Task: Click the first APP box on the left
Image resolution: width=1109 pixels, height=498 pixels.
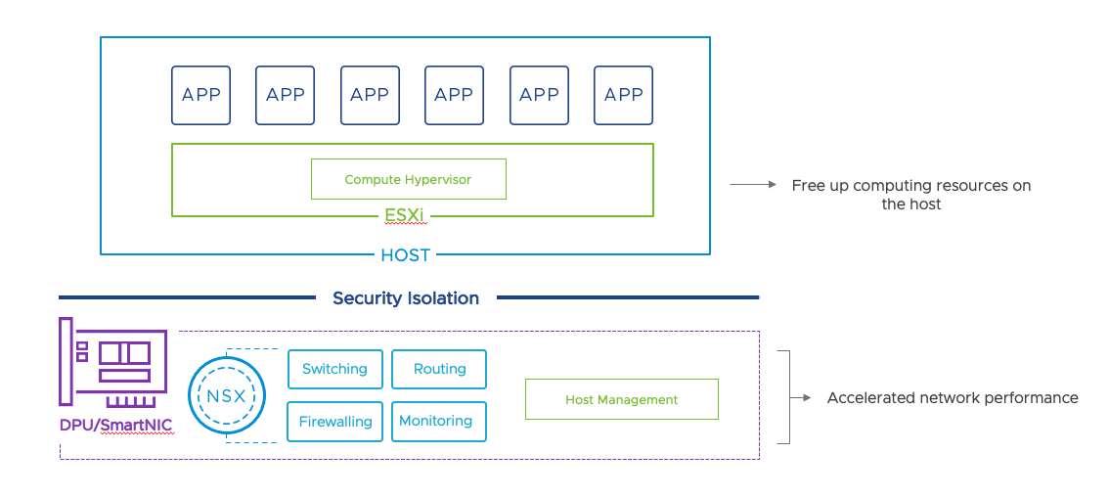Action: (x=200, y=95)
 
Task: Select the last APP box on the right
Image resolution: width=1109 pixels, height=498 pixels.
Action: (x=623, y=95)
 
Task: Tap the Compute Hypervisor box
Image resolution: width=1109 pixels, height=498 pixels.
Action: (x=408, y=179)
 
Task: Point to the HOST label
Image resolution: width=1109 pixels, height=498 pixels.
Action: (x=405, y=255)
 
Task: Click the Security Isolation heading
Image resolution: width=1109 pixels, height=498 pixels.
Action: (x=406, y=298)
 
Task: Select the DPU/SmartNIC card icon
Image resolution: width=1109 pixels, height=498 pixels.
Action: (x=111, y=361)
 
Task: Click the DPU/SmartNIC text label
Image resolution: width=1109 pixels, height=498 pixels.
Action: (x=115, y=426)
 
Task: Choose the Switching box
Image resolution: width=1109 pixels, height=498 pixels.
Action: (x=334, y=369)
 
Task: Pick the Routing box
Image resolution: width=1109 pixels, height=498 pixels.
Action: (x=439, y=369)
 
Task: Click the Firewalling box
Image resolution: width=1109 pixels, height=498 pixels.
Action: (x=334, y=422)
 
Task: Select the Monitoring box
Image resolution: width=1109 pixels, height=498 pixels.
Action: (x=436, y=421)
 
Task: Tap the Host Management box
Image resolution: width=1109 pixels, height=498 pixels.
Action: (x=621, y=399)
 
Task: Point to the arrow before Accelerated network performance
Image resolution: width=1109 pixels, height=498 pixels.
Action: (x=802, y=398)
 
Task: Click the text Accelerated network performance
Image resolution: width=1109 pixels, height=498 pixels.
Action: (x=952, y=398)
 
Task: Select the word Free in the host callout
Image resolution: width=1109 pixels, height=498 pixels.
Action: (x=809, y=186)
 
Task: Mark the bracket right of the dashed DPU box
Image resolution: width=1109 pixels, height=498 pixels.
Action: (x=784, y=397)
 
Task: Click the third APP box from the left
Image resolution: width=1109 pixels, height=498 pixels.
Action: (x=370, y=95)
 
